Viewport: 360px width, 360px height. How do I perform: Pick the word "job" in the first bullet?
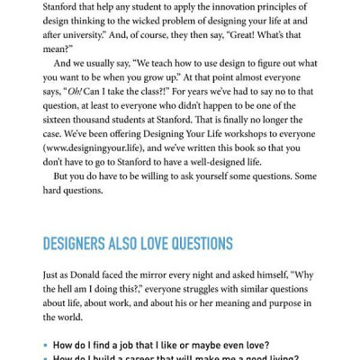[130, 345]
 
